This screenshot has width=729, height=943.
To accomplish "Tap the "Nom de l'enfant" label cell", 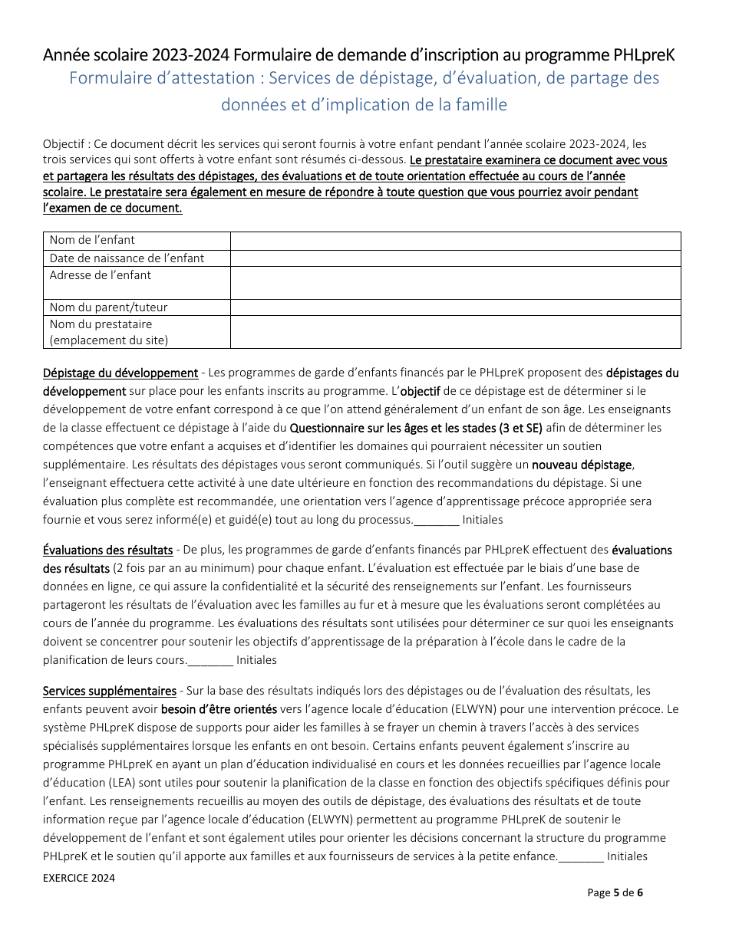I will [x=92, y=240].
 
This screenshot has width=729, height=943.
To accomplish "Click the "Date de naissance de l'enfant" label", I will [x=127, y=258].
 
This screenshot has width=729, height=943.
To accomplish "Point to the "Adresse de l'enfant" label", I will [x=101, y=275].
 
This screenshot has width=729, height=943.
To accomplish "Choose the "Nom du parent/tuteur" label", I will [x=108, y=307].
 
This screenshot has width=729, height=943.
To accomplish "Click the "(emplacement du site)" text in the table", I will [x=108, y=340].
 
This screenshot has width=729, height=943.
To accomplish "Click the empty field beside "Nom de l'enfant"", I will [x=455, y=241].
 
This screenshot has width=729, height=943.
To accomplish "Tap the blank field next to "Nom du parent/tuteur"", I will [x=455, y=307].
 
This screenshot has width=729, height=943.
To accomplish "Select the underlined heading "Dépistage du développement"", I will [x=120, y=373].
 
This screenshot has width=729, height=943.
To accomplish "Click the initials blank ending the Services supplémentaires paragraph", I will [x=581, y=857].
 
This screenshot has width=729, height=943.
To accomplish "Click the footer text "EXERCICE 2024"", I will [x=79, y=878].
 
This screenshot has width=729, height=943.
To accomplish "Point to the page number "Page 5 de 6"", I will [x=615, y=892].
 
